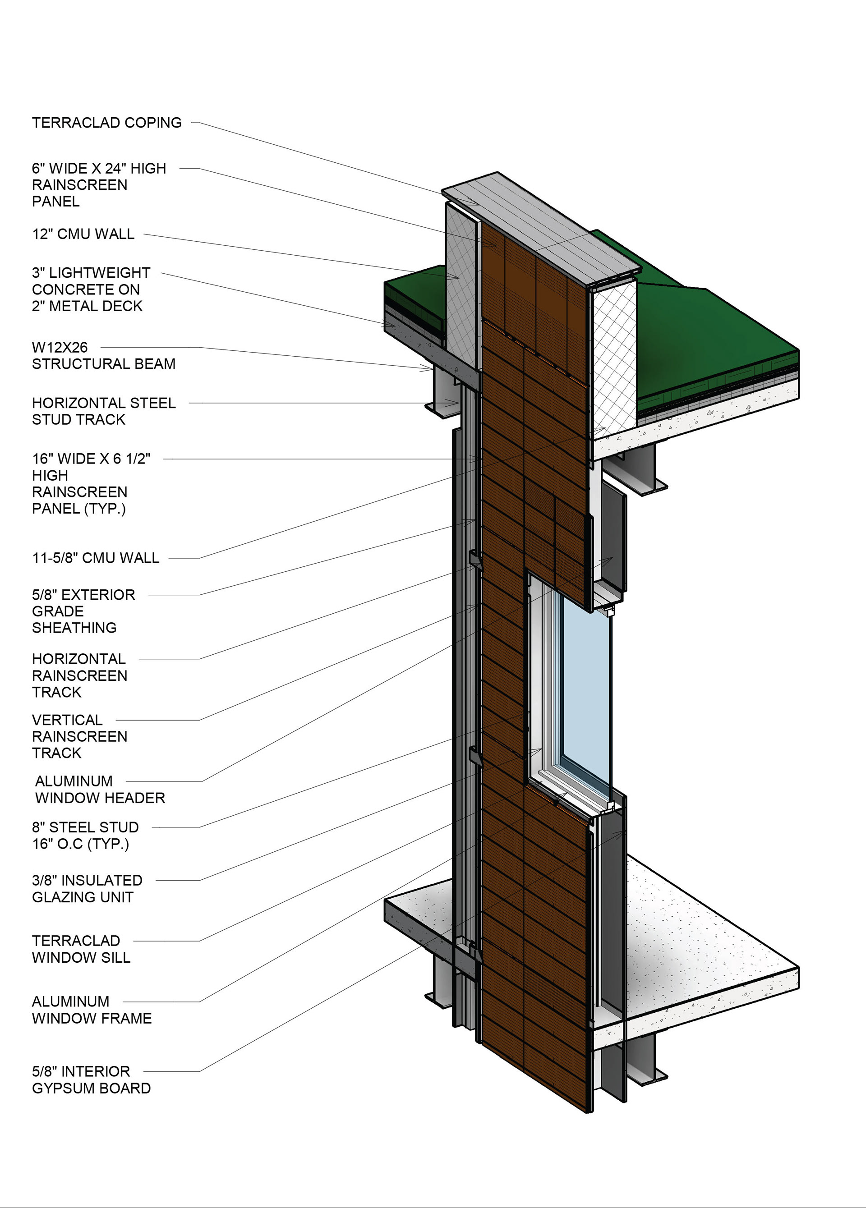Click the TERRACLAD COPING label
point(106,123)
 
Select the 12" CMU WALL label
point(83,234)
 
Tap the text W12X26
point(60,347)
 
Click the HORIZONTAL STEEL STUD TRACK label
point(103,411)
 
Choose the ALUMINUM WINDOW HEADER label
point(100,790)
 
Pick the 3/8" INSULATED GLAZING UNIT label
point(87,888)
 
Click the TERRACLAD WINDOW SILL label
point(81,949)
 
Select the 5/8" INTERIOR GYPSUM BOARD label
point(91,1079)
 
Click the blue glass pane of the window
point(585,693)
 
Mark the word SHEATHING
point(74,627)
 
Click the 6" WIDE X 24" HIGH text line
point(99,168)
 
